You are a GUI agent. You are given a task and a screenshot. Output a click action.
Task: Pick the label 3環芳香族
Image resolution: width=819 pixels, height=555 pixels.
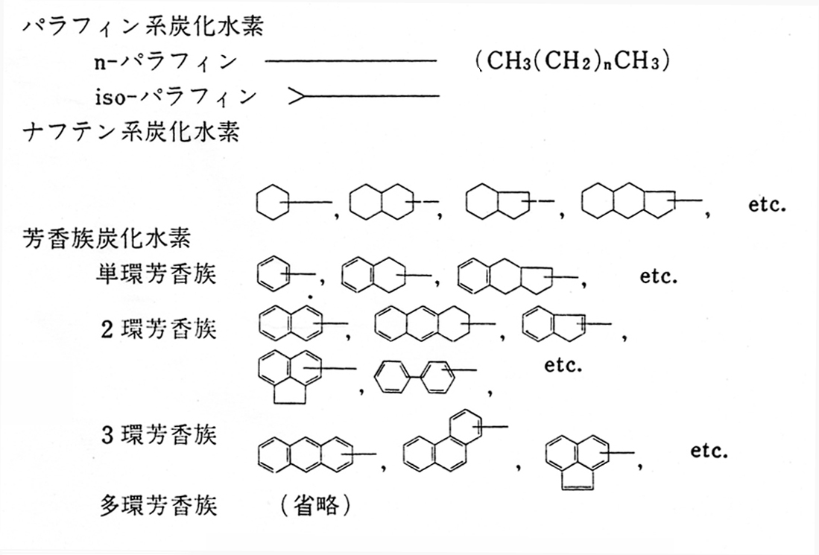[x=159, y=434]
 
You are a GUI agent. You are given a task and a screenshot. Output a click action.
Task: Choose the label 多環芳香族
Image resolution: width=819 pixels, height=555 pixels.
[x=159, y=507]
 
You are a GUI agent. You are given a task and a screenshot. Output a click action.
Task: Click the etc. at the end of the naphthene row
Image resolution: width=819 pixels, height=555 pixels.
[x=768, y=204]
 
